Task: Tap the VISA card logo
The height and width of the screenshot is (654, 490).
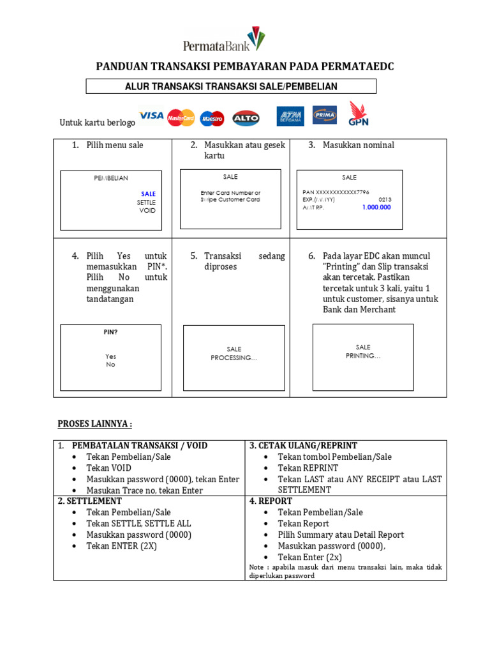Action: pyautogui.click(x=151, y=116)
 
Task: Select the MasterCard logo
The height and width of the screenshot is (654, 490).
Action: pyautogui.click(x=181, y=118)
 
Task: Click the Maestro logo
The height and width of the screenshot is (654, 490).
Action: pyautogui.click(x=212, y=118)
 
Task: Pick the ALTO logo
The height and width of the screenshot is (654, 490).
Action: pyautogui.click(x=246, y=118)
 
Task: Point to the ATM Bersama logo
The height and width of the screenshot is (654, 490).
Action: pyautogui.click(x=290, y=116)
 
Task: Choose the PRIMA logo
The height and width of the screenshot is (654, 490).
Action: pyautogui.click(x=325, y=116)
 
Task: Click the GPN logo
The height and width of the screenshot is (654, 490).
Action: pyautogui.click(x=358, y=114)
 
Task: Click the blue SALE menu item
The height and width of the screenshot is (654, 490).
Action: pyautogui.click(x=148, y=194)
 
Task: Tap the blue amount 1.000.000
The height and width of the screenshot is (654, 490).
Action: pyautogui.click(x=376, y=208)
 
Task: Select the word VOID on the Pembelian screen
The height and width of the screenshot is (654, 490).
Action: pyautogui.click(x=147, y=210)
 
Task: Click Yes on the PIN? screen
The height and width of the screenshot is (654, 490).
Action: pyautogui.click(x=111, y=356)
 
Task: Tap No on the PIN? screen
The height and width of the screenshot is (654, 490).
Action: pyautogui.click(x=111, y=365)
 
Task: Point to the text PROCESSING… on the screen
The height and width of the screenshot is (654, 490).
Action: pyautogui.click(x=234, y=358)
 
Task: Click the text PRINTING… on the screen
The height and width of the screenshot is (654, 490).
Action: pyautogui.click(x=363, y=356)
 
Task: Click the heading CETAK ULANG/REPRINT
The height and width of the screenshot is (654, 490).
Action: pyautogui.click(x=303, y=446)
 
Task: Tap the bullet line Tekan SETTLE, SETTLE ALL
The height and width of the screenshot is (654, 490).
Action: pyautogui.click(x=138, y=523)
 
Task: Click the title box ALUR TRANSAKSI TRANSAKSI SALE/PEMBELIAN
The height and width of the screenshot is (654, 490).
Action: pyautogui.click(x=231, y=86)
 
